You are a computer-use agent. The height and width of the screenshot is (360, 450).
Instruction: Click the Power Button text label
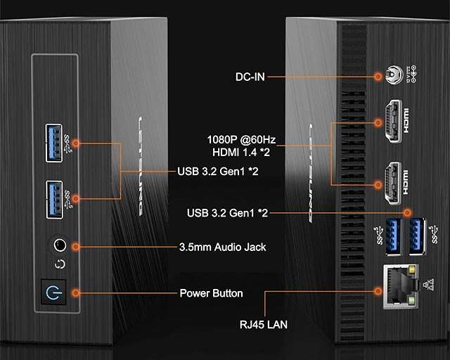pyautogui.click(x=211, y=293)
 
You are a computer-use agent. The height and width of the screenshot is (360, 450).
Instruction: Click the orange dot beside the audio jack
pyautogui.click(x=75, y=246)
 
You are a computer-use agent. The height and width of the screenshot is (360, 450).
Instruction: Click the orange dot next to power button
pyautogui.click(x=75, y=292)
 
